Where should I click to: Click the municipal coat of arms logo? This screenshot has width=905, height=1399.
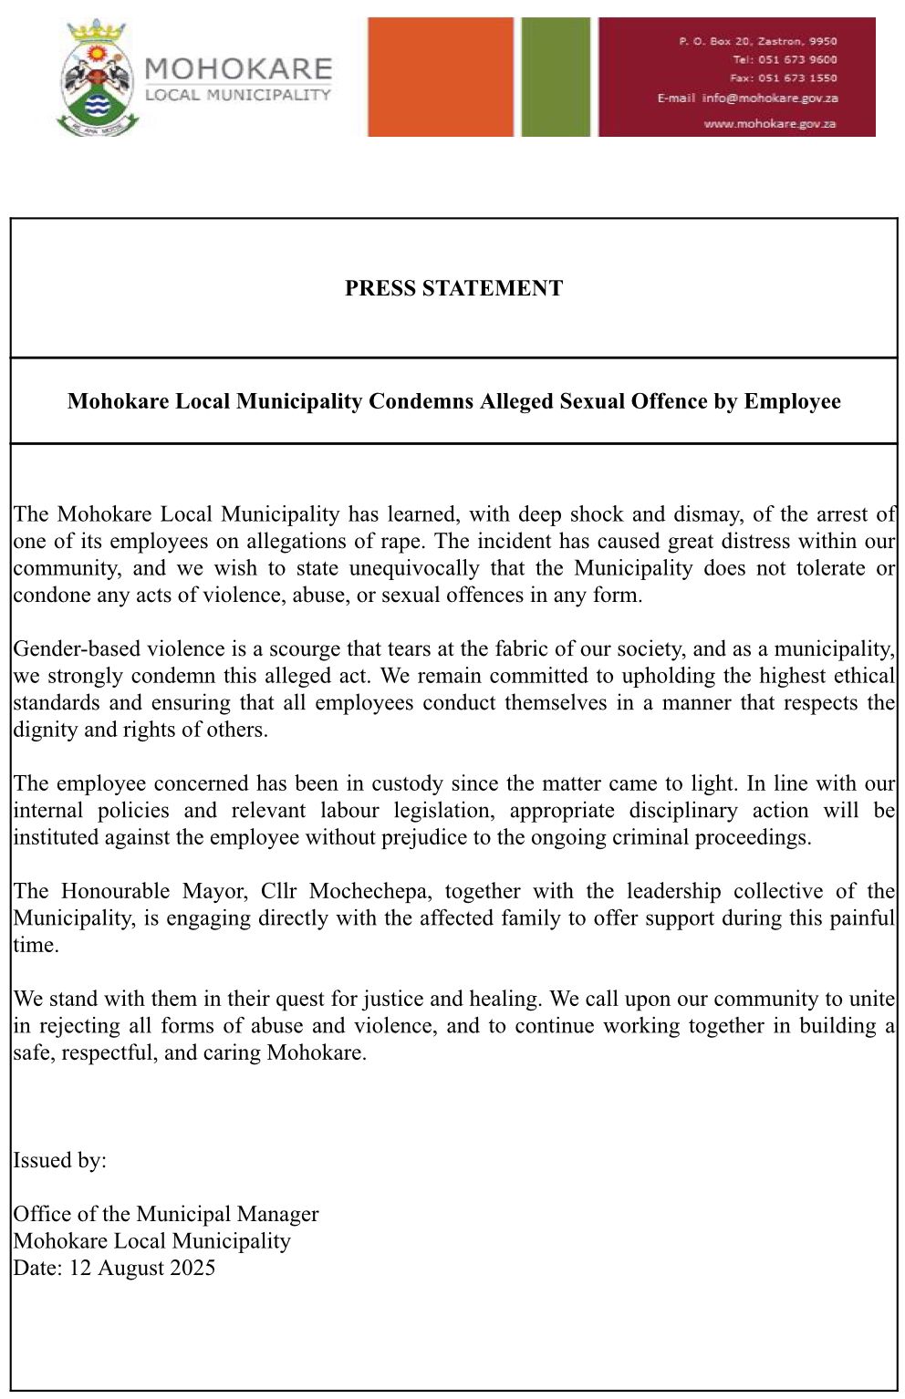[98, 78]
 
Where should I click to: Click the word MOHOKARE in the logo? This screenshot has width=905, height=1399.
[237, 69]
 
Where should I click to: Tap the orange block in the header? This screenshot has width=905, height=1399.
[441, 77]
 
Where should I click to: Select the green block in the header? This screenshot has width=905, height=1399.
[556, 77]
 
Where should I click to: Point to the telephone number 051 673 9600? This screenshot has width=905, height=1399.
[797, 59]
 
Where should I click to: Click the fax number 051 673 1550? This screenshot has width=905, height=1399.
[797, 78]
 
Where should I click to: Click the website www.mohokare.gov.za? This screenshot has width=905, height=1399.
[770, 123]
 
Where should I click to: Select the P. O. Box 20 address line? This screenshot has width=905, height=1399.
[757, 41]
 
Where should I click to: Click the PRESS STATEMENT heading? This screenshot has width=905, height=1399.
[453, 288]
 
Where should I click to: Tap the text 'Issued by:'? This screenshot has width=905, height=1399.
[59, 1160]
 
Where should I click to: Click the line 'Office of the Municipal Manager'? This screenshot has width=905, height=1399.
[166, 1214]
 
